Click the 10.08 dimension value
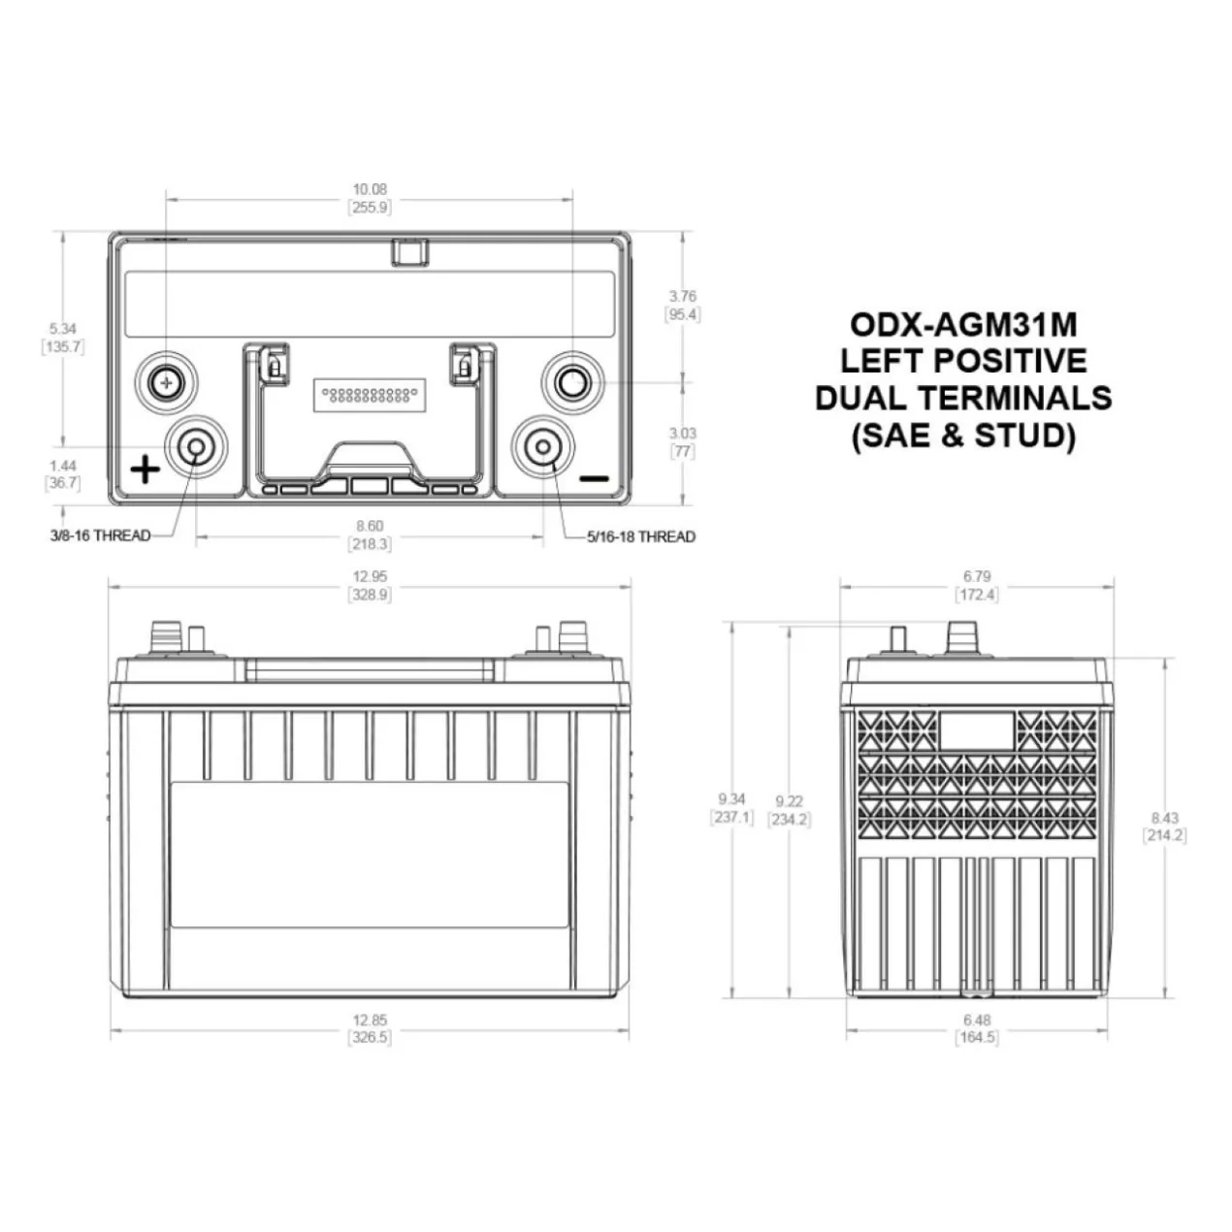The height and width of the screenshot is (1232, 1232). click(x=371, y=189)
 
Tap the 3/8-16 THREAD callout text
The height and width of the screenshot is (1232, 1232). click(x=100, y=535)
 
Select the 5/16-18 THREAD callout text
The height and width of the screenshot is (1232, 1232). click(x=641, y=536)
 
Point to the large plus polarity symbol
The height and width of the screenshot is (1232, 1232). click(x=146, y=470)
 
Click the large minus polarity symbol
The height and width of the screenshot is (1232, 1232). click(x=594, y=478)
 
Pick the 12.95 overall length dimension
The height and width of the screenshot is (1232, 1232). click(x=371, y=576)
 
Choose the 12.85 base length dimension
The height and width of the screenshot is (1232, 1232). click(x=371, y=1020)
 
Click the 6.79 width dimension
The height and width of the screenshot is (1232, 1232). click(x=977, y=576)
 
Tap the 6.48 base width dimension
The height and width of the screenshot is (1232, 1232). click(x=977, y=1020)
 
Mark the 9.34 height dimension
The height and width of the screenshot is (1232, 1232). click(x=731, y=798)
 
